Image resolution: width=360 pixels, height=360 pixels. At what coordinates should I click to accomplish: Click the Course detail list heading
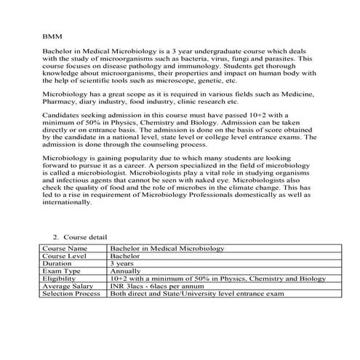pos(85,238)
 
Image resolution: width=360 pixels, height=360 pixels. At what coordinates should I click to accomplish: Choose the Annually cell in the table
pos(126,271)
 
